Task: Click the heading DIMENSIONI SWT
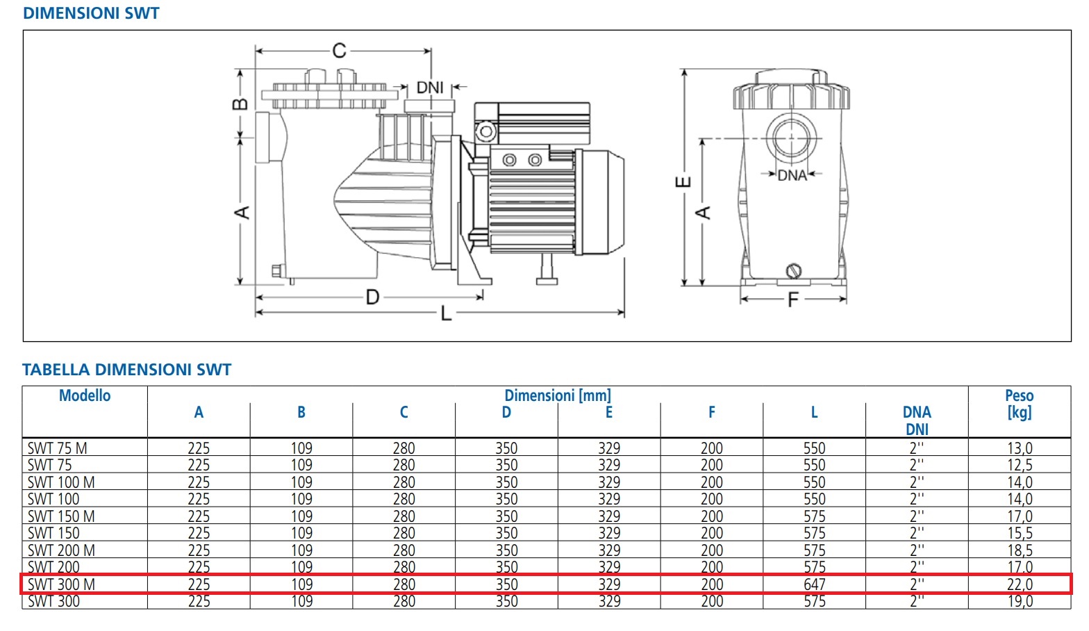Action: click(x=91, y=13)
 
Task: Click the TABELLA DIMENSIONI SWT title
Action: click(x=126, y=370)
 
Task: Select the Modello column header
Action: click(x=85, y=396)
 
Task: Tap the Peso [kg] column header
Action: click(x=1019, y=404)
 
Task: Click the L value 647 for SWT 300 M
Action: click(x=814, y=584)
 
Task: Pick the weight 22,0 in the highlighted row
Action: click(x=1019, y=584)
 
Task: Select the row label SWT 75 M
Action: click(x=58, y=448)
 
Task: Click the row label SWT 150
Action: click(x=53, y=533)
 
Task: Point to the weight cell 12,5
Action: click(x=1019, y=465)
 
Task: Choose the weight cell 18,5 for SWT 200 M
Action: click(x=1019, y=550)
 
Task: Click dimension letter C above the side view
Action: click(x=339, y=51)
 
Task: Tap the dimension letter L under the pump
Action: click(x=446, y=314)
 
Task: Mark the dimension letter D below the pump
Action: click(x=372, y=297)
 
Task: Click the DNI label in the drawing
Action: click(x=430, y=88)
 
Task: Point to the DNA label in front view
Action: click(x=792, y=175)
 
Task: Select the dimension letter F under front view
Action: click(x=792, y=300)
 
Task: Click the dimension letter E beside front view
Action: click(x=683, y=182)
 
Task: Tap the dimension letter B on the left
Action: click(x=240, y=104)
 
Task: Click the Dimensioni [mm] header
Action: click(x=557, y=395)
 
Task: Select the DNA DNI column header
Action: click(x=917, y=420)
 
